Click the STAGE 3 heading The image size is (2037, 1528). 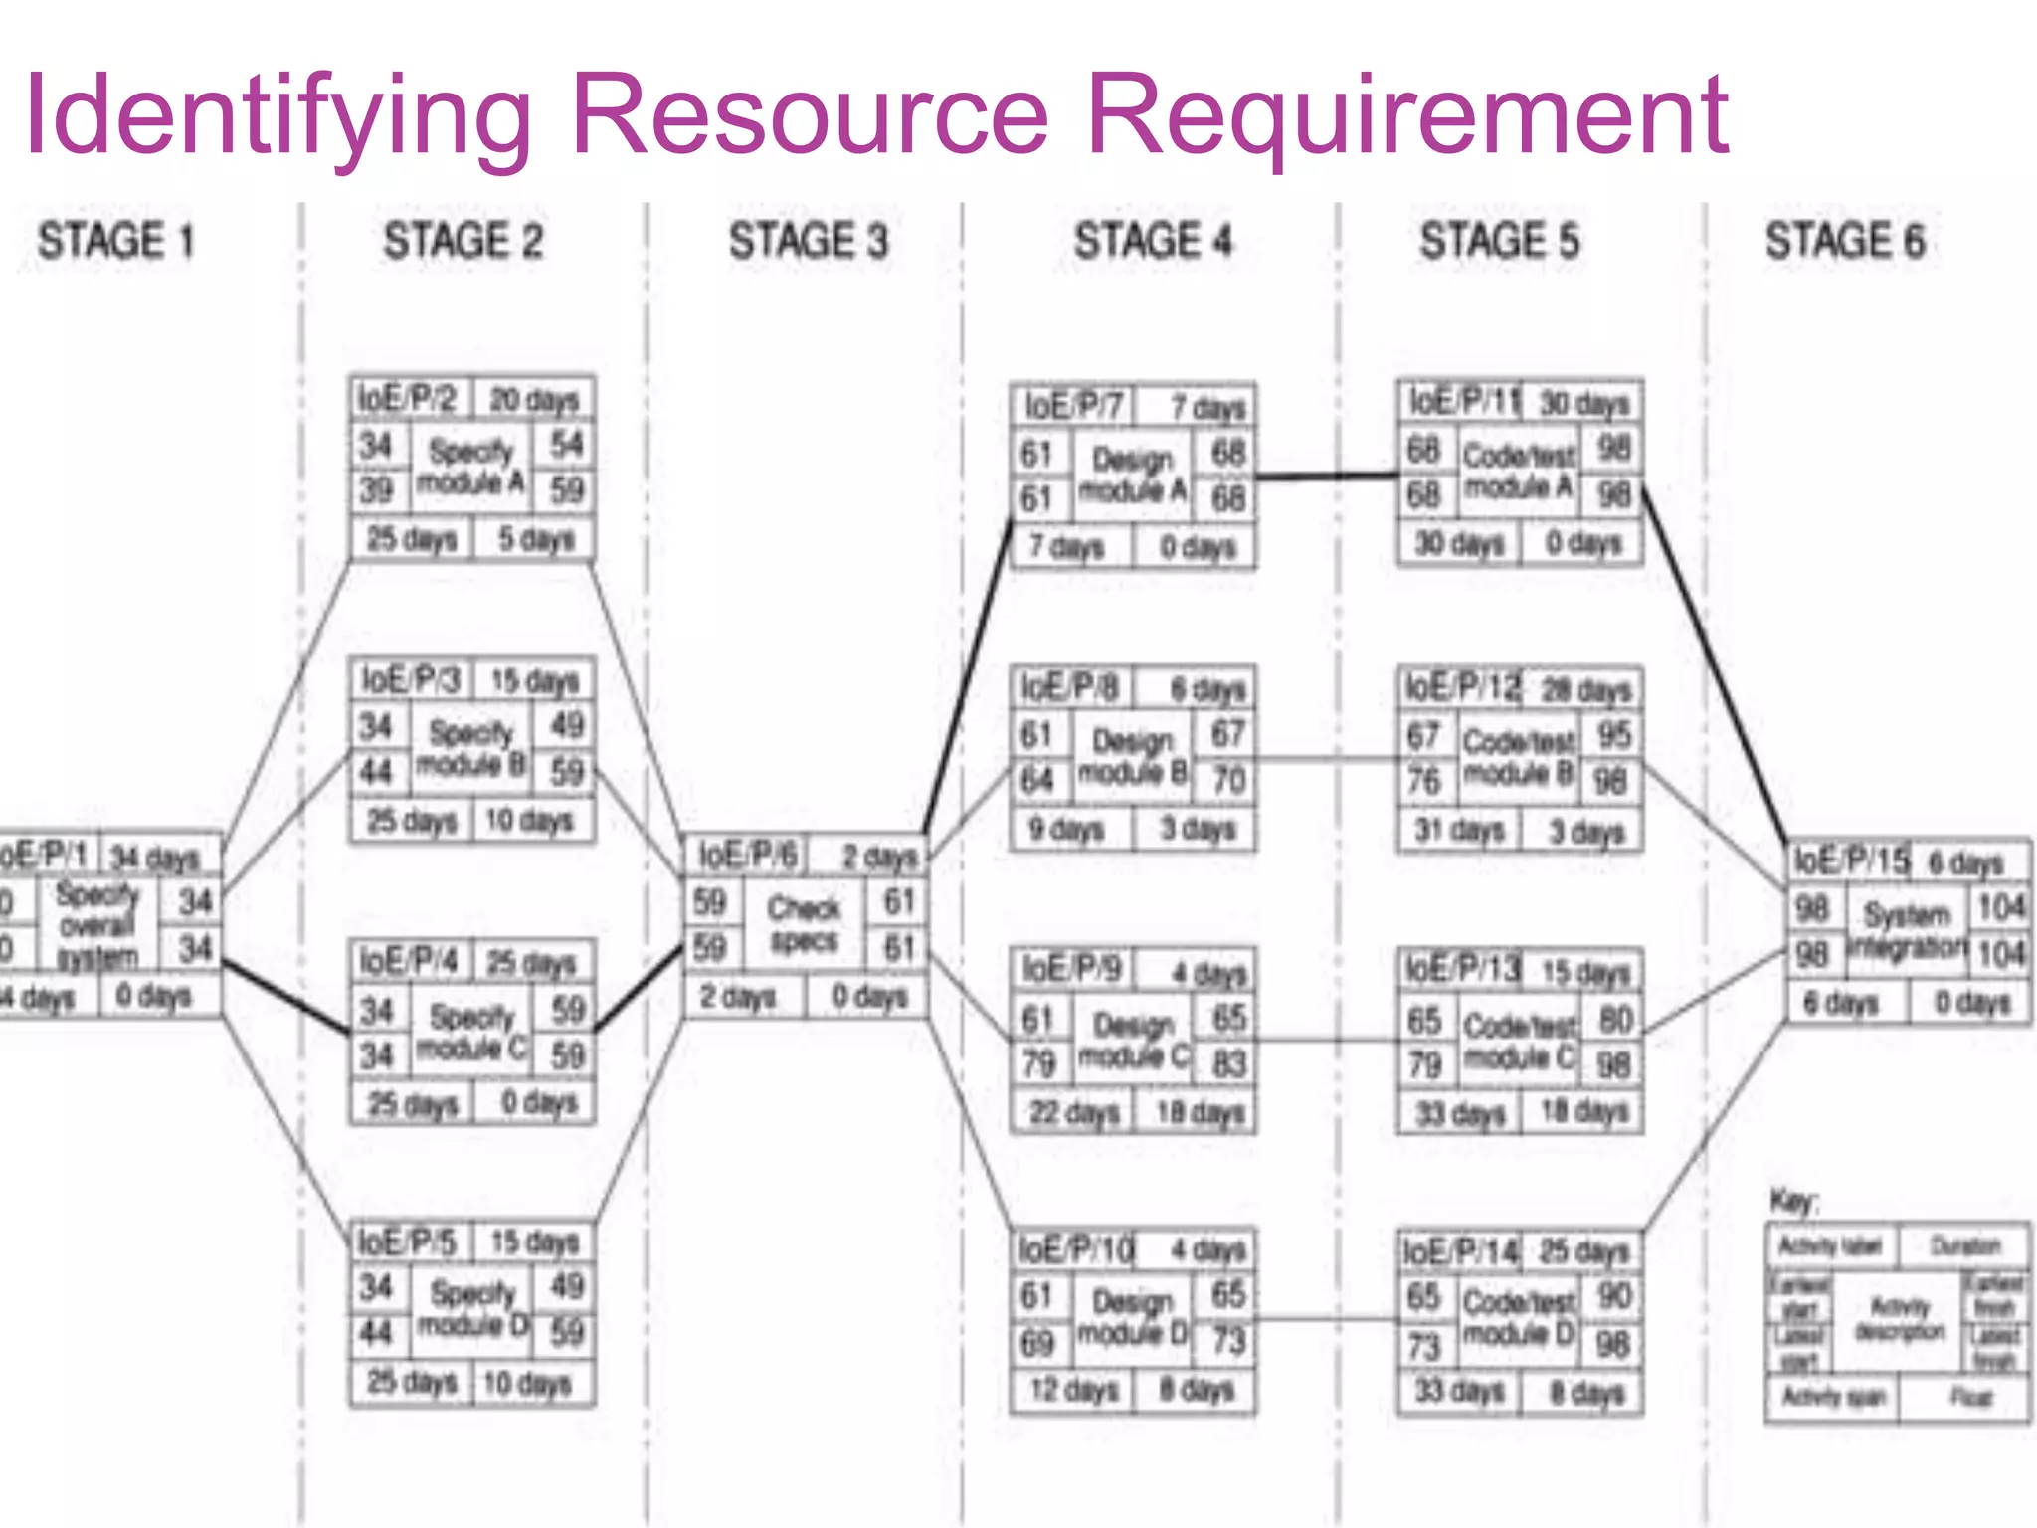808,242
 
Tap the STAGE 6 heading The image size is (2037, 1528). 1845,242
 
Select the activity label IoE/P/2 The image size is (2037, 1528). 407,399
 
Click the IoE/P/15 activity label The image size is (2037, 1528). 1851,860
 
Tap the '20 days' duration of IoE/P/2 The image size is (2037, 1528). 534,400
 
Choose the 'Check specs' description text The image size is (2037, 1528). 804,924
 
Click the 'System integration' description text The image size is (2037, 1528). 1907,929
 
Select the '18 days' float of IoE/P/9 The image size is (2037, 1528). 1201,1112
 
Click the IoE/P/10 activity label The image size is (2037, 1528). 1075,1249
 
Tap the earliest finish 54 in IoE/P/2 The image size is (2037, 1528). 566,445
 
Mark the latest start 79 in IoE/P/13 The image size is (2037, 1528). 1424,1065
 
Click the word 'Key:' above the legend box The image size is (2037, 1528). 1793,1201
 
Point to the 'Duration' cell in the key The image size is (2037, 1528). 1964,1246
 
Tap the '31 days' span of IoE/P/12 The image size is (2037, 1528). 1458,830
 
